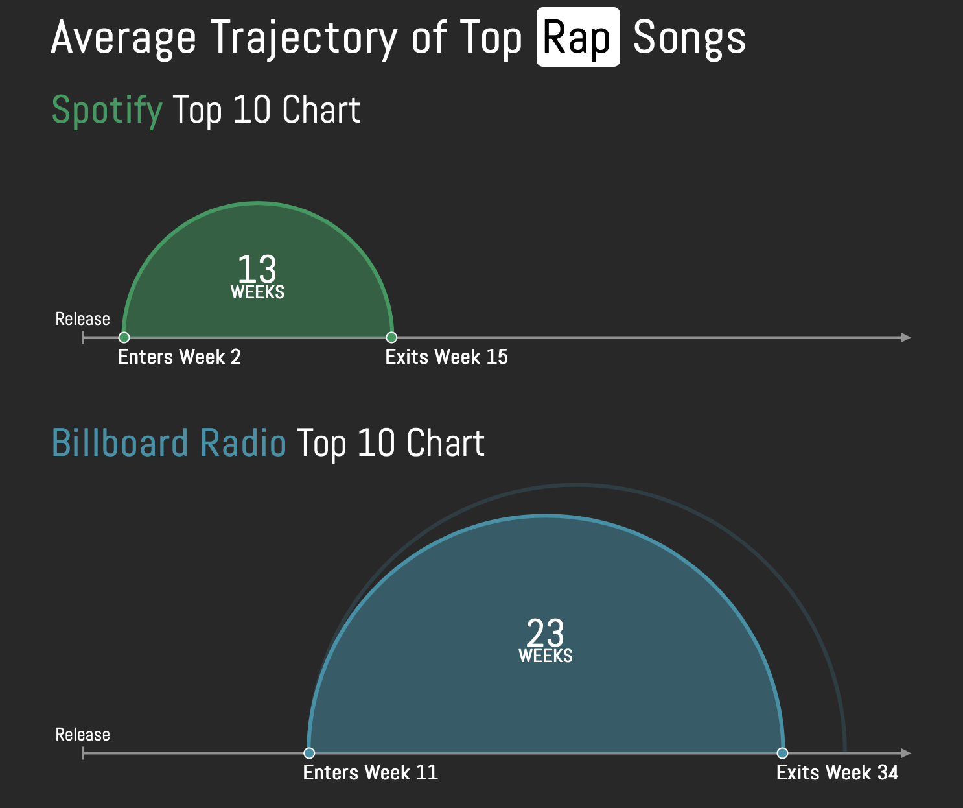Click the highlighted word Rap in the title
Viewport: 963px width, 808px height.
578,38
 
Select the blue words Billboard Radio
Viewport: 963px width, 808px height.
168,443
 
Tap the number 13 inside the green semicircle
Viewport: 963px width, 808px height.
257,268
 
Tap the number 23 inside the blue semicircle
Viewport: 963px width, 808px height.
545,633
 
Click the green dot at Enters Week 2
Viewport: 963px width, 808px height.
124,337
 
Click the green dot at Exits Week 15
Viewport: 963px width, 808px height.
391,337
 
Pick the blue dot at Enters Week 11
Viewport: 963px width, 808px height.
309,753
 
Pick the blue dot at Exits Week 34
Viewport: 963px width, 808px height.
782,753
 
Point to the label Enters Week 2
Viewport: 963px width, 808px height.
180,357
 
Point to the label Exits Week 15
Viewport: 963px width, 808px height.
447,357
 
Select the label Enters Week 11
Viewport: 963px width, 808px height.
370,773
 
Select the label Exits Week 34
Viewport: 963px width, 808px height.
837,773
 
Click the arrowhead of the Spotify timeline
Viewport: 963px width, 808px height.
906,337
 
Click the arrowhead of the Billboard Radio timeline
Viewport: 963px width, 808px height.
906,753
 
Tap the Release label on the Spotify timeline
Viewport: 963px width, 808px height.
82,319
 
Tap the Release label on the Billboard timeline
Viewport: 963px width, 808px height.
82,735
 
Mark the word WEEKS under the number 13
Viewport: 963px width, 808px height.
257,292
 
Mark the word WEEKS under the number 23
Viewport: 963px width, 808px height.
546,656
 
